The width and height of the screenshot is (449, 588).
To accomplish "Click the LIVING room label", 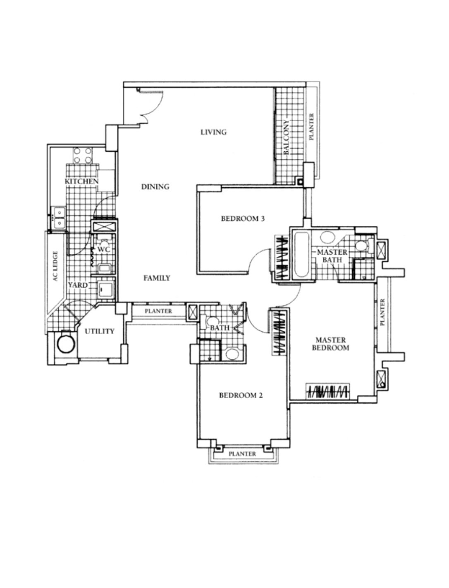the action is (x=213, y=132).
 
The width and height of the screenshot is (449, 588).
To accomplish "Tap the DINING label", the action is (x=155, y=187).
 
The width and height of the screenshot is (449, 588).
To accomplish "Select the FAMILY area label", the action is (x=157, y=278).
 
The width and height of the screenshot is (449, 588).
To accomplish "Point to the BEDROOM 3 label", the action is (x=243, y=219).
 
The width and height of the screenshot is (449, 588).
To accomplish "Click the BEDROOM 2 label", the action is (x=241, y=395).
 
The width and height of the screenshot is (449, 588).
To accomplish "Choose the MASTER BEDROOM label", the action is (x=331, y=344).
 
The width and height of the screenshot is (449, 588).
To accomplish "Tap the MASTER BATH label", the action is (x=332, y=256).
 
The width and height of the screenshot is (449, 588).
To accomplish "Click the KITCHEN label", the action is (x=82, y=182).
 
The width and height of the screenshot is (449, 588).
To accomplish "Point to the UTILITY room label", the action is (x=100, y=331).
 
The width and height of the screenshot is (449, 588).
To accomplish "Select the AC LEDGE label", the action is (x=55, y=266).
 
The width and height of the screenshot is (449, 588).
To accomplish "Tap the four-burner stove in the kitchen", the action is (x=82, y=156).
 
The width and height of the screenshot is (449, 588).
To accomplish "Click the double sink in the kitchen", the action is (x=59, y=218).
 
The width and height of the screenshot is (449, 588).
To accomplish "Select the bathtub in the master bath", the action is (x=301, y=255).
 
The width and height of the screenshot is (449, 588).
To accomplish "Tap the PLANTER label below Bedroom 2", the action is (x=242, y=454).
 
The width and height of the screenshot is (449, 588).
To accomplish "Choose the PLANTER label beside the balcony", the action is (x=311, y=127).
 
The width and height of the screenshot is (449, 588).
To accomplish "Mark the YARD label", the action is (x=78, y=285).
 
